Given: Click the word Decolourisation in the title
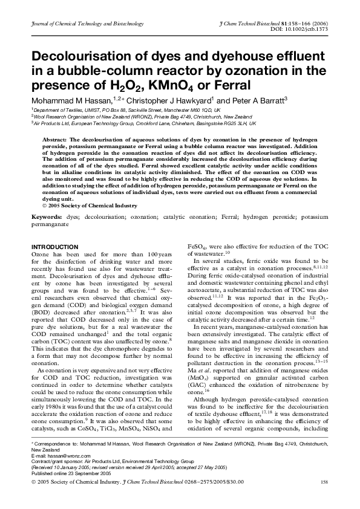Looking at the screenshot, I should coord(95,57).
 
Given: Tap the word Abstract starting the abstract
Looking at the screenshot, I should coord(54,139).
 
